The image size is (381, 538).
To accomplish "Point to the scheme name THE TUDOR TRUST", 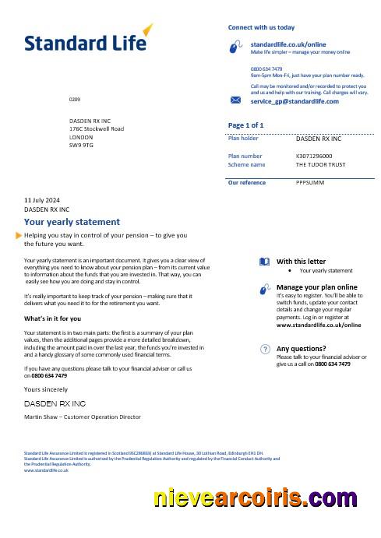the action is click(x=322, y=164).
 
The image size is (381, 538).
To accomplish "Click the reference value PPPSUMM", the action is click(x=309, y=182).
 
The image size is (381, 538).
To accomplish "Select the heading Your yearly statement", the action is click(x=72, y=222).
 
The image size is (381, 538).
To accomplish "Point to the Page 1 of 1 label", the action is click(x=245, y=125).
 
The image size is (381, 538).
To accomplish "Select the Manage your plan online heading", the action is click(x=316, y=287).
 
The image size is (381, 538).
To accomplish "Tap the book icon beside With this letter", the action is click(x=264, y=262).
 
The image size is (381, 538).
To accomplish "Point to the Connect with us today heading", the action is click(x=261, y=27).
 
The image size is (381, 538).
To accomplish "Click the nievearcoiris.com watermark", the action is click(x=256, y=498).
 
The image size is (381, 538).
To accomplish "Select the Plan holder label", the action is click(x=243, y=138).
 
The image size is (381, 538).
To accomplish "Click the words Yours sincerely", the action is click(x=46, y=389).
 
